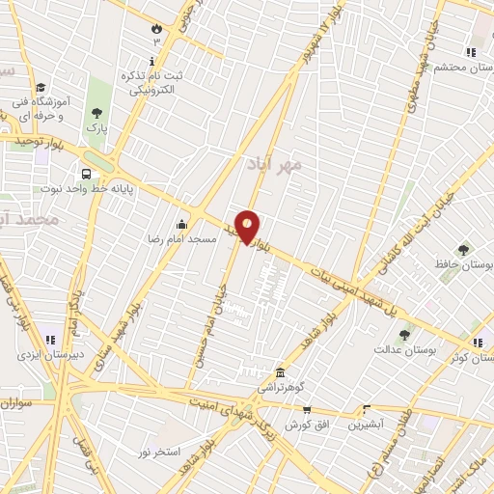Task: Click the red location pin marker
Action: [248, 228]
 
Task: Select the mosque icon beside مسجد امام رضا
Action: [181, 225]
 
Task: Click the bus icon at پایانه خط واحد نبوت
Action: [87, 175]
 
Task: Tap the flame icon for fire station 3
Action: [155, 29]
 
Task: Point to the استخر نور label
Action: [159, 452]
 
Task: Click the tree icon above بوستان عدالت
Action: [404, 334]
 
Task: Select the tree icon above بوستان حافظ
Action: [465, 249]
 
